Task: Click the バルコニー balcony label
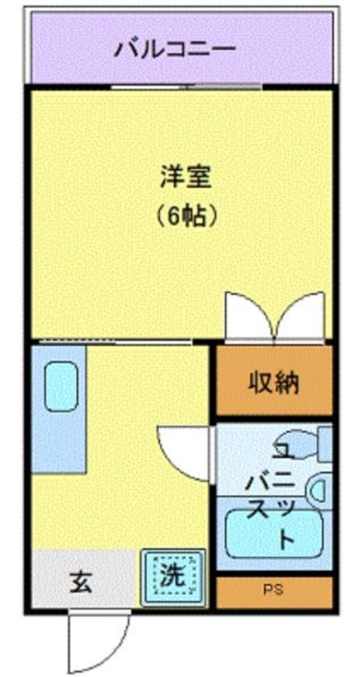[x=175, y=47]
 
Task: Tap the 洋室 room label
[x=185, y=178]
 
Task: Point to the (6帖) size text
[x=185, y=216]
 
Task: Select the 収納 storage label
[x=274, y=382]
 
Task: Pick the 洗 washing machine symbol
[x=173, y=577]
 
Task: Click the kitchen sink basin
[x=61, y=386]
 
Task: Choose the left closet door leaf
[x=248, y=316]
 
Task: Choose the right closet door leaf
[x=301, y=316]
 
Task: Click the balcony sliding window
[x=186, y=87]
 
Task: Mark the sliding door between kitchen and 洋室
[x=114, y=342]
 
